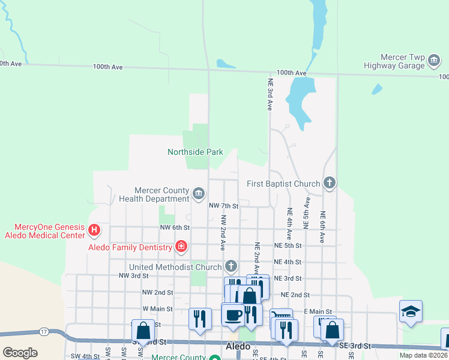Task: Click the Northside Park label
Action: coord(195,152)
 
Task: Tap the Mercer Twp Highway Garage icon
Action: coord(435,61)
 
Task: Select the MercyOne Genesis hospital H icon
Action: coord(93,230)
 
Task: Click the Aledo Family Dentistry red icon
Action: coord(181,247)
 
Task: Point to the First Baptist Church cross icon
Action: coord(328,183)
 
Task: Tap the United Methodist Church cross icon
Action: coord(231,266)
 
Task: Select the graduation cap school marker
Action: coord(411,311)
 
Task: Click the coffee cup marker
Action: coord(233,314)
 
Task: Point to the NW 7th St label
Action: coord(223,206)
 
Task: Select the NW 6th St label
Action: coord(175,227)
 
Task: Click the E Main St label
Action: coord(318,311)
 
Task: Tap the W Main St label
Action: coord(157,309)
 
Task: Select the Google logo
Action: coord(20,353)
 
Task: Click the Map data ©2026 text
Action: coord(423,355)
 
